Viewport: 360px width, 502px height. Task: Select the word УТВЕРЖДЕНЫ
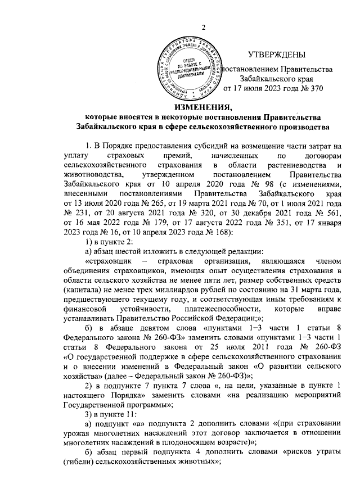pos(277,55)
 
